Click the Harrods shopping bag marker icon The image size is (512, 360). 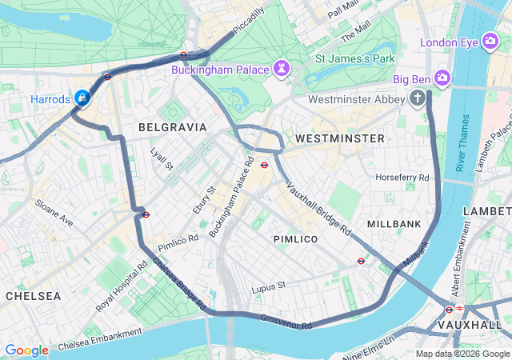pyautogui.click(x=82, y=98)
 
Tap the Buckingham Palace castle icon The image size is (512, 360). pyautogui.click(x=282, y=70)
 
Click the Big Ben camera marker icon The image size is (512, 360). pyautogui.click(x=442, y=78)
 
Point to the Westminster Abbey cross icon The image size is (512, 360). pyautogui.click(x=417, y=99)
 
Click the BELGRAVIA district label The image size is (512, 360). pyautogui.click(x=172, y=127)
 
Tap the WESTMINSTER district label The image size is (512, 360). pyautogui.click(x=339, y=138)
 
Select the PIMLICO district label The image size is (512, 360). pyautogui.click(x=295, y=239)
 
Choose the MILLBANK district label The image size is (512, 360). pyautogui.click(x=394, y=223)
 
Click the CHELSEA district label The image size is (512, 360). pyautogui.click(x=33, y=296)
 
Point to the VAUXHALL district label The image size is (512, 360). pyautogui.click(x=470, y=325)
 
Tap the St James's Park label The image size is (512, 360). pyautogui.click(x=354, y=58)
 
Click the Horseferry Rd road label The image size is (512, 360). pyautogui.click(x=402, y=177)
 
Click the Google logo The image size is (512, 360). pyautogui.click(x=27, y=350)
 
